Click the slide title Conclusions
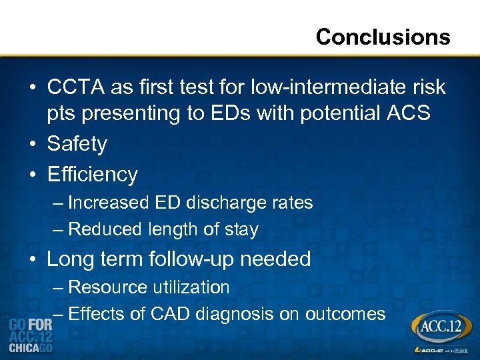383,37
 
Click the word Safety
77,144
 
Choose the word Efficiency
92,174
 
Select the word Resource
107,287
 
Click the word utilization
191,287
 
